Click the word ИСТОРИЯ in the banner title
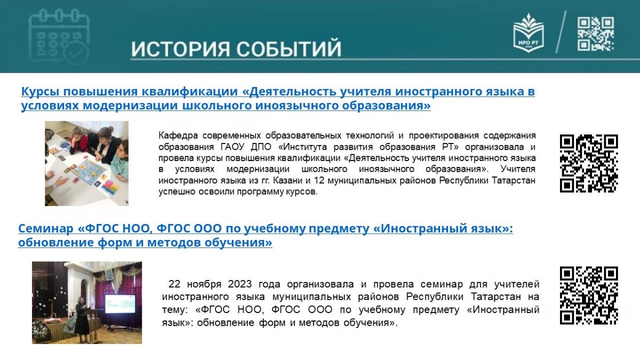tap(181, 49)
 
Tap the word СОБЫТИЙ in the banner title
tap(289, 49)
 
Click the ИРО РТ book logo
tap(529, 33)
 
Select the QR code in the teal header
tap(596, 34)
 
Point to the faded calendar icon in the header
tap(59, 36)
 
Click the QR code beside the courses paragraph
tap(589, 163)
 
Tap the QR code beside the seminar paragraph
tap(589, 295)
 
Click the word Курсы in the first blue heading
tap(41, 92)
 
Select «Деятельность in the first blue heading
tap(289, 91)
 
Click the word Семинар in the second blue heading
tap(46, 229)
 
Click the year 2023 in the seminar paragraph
tap(239, 284)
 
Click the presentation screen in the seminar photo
tap(120, 303)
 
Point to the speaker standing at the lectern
tap(82, 318)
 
